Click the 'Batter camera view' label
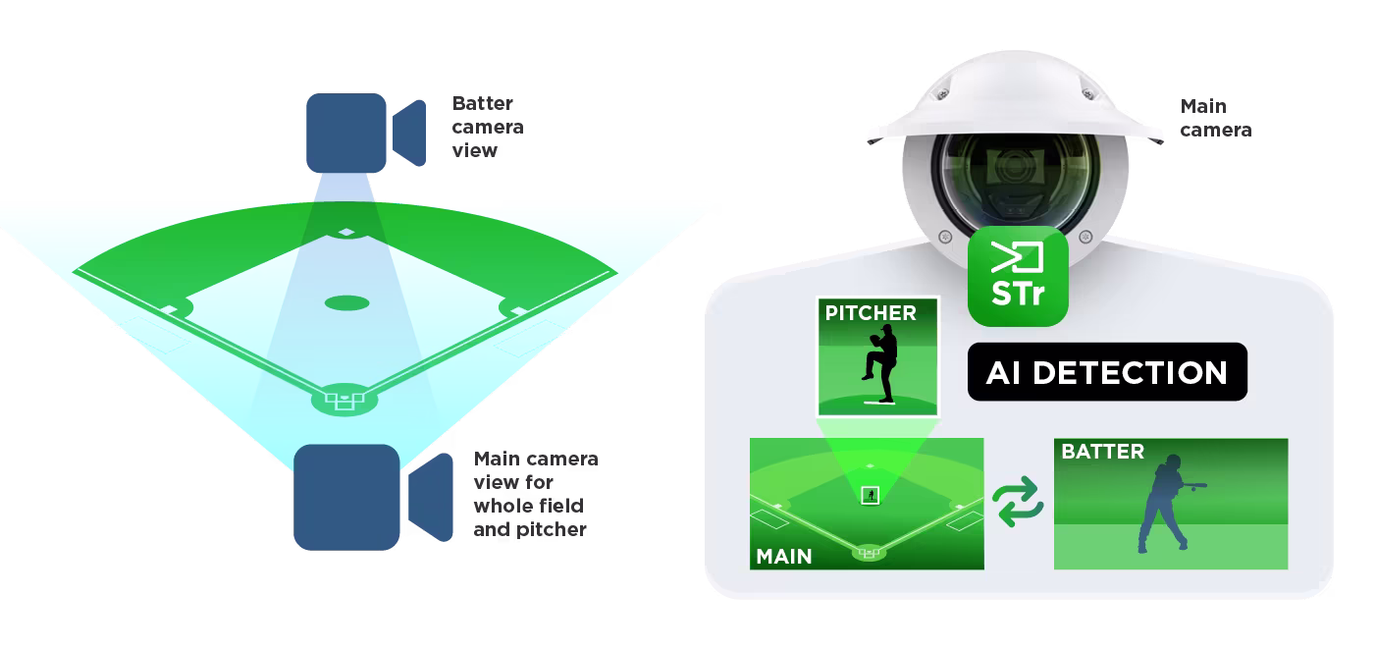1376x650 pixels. tap(488, 127)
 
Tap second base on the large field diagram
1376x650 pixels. tap(345, 232)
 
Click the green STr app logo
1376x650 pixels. tap(1018, 276)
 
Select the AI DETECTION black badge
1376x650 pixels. tap(1107, 372)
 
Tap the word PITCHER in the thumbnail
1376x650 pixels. tap(871, 313)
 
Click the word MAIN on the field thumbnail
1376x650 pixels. tap(783, 556)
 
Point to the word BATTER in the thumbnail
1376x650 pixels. tap(1102, 452)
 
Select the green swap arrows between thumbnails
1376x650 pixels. tap(1018, 503)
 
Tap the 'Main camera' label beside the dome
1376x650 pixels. tap(1215, 118)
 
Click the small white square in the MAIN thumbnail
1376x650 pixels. tap(870, 495)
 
